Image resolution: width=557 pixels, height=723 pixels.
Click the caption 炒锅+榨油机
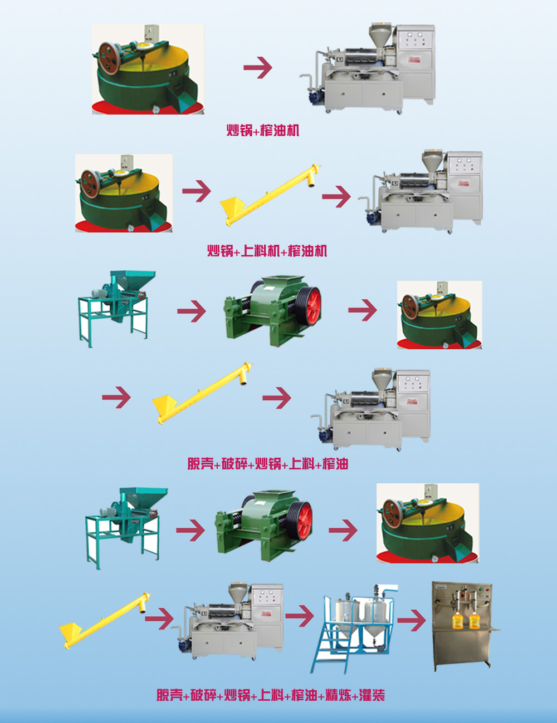(x=263, y=131)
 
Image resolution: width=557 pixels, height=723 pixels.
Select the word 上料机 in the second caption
(x=260, y=251)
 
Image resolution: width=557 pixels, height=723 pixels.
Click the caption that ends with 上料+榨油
(x=267, y=464)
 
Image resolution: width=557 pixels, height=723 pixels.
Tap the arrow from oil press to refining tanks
(x=300, y=616)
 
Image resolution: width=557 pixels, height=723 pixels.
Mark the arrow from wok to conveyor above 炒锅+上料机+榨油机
(x=197, y=191)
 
